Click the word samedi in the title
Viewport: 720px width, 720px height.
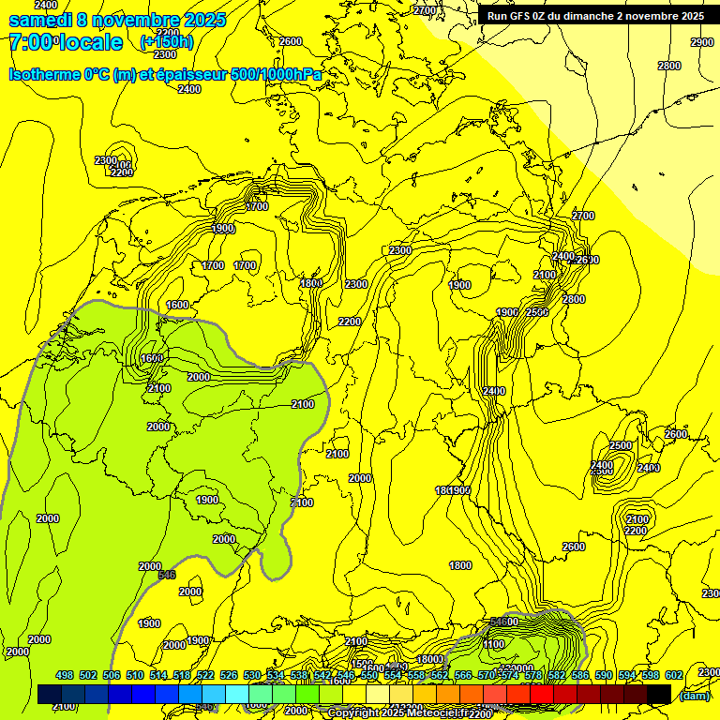coord(37,20)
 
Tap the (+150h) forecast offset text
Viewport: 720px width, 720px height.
coord(166,41)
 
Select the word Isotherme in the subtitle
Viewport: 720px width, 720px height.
coord(44,74)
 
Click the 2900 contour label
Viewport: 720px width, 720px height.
coord(701,42)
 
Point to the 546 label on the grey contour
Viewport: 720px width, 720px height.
coord(167,575)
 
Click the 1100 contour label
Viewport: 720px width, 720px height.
coord(494,644)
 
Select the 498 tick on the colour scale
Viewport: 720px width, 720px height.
coord(65,675)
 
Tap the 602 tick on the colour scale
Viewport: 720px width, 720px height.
coord(673,675)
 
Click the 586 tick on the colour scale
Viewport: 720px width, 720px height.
coord(579,675)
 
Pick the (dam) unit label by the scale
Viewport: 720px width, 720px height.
coord(695,695)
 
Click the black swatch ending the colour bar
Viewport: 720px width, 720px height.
coord(658,694)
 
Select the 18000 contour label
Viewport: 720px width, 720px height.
coord(429,659)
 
